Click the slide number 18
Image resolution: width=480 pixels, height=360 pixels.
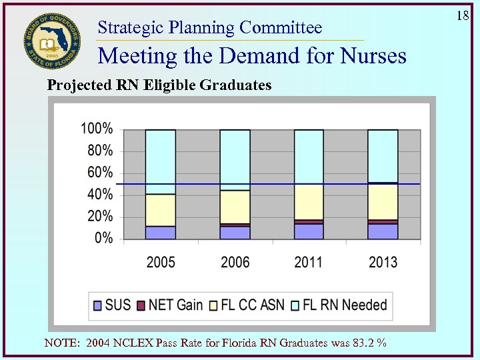pyautogui.click(x=463, y=15)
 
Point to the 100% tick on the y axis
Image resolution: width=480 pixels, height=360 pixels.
pyautogui.click(x=97, y=129)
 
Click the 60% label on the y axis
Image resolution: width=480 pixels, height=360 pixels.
pyautogui.click(x=99, y=173)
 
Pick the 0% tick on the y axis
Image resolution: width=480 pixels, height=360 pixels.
pyautogui.click(x=103, y=238)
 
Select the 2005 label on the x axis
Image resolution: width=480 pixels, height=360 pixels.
pyautogui.click(x=161, y=262)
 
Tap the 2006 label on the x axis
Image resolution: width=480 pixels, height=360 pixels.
pyautogui.click(x=235, y=262)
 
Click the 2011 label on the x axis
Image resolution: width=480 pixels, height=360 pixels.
pyautogui.click(x=309, y=262)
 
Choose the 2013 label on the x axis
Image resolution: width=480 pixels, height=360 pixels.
pyautogui.click(x=383, y=262)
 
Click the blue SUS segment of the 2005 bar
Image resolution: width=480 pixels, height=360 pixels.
pyautogui.click(x=161, y=232)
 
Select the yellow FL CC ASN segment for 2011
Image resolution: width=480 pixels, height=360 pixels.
pyautogui.click(x=309, y=202)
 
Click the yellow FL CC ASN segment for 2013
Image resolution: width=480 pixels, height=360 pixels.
pyautogui.click(x=383, y=201)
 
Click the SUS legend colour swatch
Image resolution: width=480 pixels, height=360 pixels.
pyautogui.click(x=97, y=305)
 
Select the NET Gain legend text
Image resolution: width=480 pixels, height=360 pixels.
pyautogui.click(x=175, y=305)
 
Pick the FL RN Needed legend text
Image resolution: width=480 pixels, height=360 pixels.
pyautogui.click(x=345, y=305)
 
